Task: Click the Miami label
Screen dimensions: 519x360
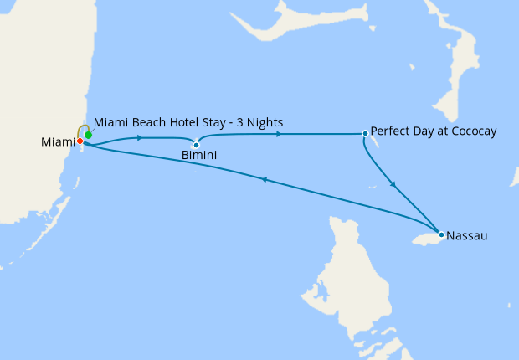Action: click(57, 142)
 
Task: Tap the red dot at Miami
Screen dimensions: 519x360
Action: click(80, 141)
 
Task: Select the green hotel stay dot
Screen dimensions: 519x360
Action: click(88, 135)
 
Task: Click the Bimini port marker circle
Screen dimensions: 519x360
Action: click(196, 145)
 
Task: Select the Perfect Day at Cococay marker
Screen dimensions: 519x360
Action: click(365, 133)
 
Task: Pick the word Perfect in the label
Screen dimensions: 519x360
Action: click(390, 131)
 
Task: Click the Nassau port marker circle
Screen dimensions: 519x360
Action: click(441, 234)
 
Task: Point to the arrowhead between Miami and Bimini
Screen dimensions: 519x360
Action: click(137, 138)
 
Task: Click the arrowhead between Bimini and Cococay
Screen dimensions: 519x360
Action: click(278, 133)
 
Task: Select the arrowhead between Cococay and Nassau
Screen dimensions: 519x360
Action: click(393, 184)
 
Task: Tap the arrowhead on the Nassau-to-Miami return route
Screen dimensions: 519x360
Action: click(264, 179)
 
